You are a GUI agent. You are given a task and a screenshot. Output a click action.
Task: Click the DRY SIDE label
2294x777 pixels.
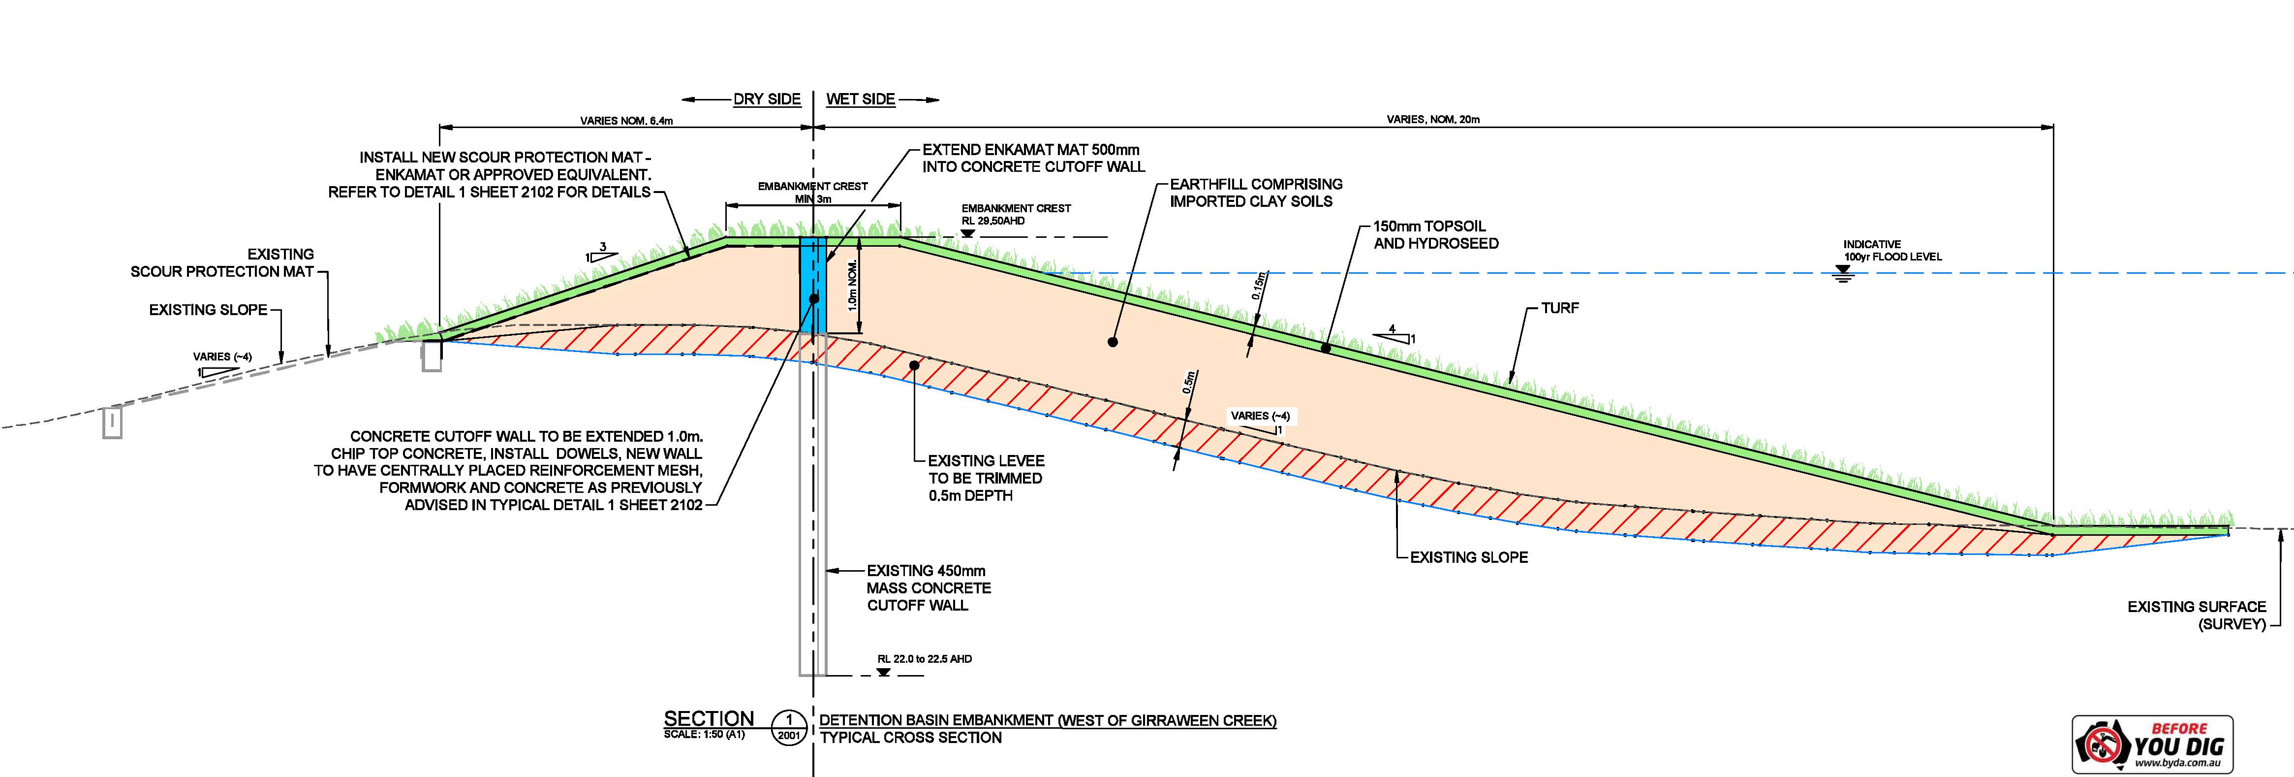[767, 99]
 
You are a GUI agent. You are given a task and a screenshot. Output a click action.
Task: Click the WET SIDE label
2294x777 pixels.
[860, 99]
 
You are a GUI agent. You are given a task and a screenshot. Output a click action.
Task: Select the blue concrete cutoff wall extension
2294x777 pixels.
[813, 285]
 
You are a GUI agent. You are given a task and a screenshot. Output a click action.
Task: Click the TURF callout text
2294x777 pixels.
[1560, 308]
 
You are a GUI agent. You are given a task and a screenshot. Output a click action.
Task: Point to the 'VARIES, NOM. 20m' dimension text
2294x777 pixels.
[1433, 119]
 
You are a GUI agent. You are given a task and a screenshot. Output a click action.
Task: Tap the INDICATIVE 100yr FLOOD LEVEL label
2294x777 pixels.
[1892, 251]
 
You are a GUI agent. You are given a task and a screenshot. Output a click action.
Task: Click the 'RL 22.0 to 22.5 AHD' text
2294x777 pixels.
[925, 659]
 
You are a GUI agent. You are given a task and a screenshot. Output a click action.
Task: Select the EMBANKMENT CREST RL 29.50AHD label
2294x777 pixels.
[1016, 214]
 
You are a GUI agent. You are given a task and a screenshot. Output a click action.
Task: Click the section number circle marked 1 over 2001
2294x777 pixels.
[789, 726]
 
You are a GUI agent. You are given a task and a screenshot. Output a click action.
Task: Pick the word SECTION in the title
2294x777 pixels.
[709, 719]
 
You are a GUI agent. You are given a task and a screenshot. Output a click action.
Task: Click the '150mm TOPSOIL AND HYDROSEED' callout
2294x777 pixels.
[1435, 234]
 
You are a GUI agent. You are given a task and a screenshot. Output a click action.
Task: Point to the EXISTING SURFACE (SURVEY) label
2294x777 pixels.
[2196, 615]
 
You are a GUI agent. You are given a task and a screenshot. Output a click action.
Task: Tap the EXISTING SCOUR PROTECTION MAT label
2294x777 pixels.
[222, 263]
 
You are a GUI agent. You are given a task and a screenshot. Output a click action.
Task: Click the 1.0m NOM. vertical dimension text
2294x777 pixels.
[852, 285]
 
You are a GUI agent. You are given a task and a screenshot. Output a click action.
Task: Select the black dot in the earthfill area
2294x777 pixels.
[1112, 341]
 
